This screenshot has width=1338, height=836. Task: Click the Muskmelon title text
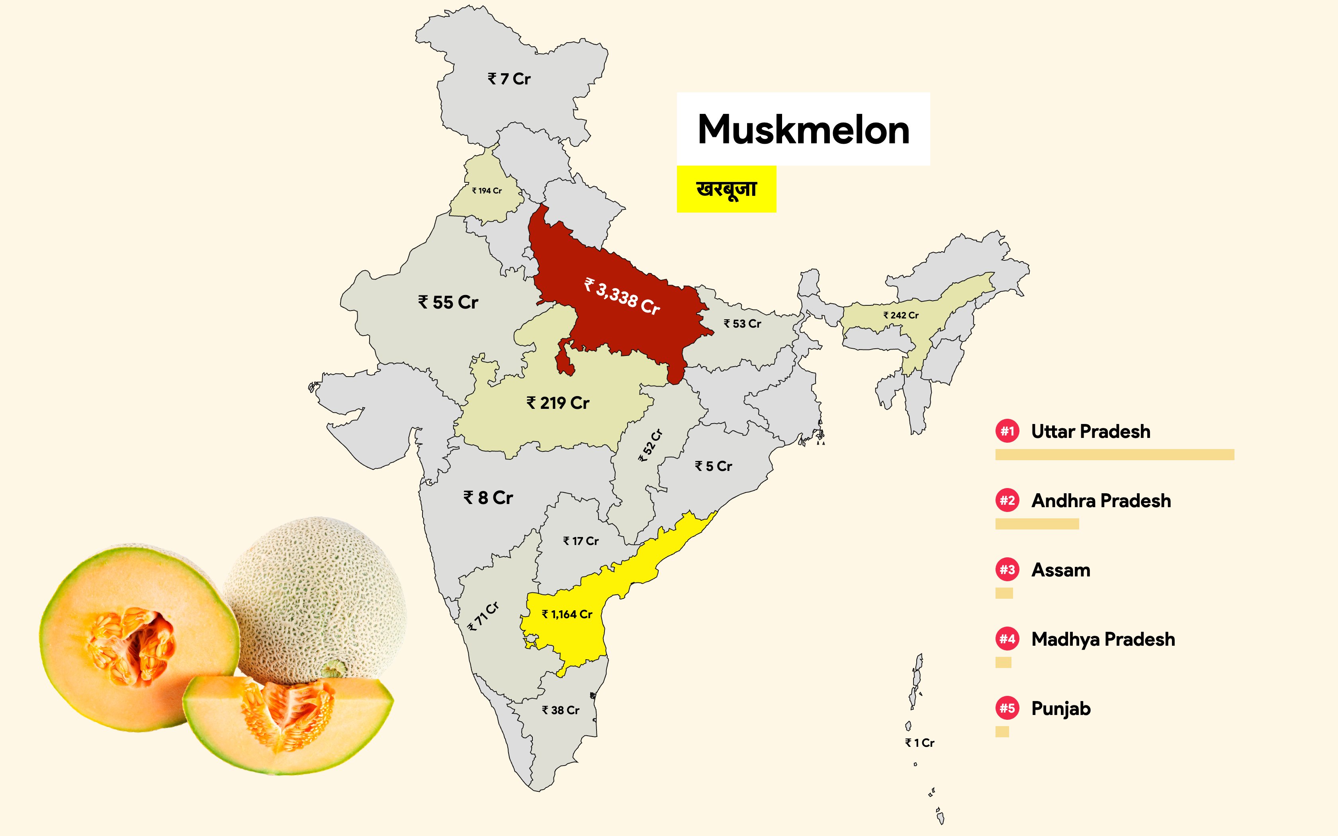click(803, 130)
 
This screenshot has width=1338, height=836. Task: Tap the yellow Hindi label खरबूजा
click(726, 189)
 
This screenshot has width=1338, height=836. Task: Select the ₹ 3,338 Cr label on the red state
click(622, 297)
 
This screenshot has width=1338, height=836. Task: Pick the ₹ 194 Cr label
click(487, 191)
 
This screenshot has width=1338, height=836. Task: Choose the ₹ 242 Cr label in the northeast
click(901, 315)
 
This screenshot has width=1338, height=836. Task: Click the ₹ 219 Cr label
click(558, 403)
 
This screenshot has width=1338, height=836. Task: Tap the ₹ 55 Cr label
click(448, 303)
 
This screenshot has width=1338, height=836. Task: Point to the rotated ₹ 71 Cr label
click(483, 616)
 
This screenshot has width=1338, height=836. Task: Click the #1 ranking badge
click(1007, 431)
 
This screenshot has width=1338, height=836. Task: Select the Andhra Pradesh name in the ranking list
click(1101, 501)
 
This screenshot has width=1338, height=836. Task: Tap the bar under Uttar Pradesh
click(1114, 455)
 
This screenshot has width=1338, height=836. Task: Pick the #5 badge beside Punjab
click(1007, 708)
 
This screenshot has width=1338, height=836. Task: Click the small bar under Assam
click(1004, 593)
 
